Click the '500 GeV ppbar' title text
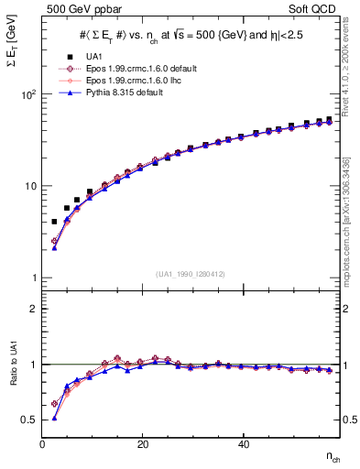click(75, 10)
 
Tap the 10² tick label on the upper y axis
click(29, 94)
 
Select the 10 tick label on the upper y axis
click(31, 186)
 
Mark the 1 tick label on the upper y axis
click(35, 278)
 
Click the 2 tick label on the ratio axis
click(35, 310)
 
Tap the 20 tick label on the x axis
click(142, 445)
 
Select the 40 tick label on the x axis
click(243, 445)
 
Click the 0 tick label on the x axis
click(43, 445)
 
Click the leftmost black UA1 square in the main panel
click(54, 222)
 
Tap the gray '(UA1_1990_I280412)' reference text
click(190, 274)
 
